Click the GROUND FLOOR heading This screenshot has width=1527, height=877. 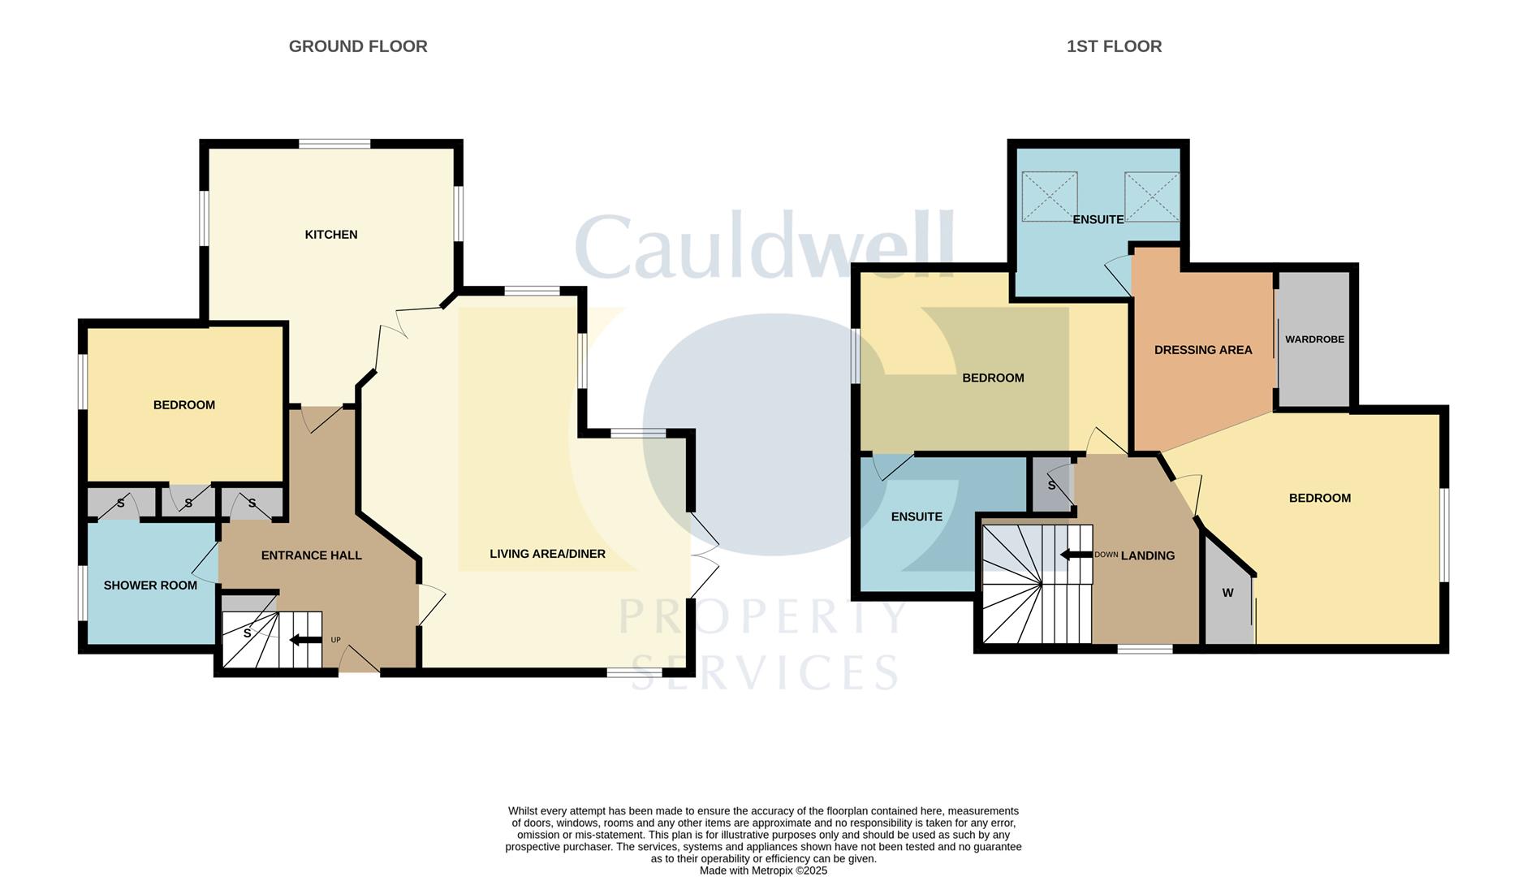click(x=358, y=46)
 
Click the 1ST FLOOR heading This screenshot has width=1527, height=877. click(x=1114, y=46)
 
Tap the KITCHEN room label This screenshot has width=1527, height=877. click(x=331, y=235)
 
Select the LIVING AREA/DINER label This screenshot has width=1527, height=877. click(x=547, y=554)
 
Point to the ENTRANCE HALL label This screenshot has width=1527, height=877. click(x=311, y=555)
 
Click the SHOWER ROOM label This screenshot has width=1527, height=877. click(x=150, y=585)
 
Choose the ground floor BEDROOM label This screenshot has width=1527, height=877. click(x=184, y=405)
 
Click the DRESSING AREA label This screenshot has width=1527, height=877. click(x=1203, y=350)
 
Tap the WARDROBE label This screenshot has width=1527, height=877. click(x=1314, y=339)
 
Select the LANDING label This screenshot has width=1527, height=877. click(x=1148, y=555)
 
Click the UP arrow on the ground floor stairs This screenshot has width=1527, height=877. click(x=305, y=640)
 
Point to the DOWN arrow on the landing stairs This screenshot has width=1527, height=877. click(x=1076, y=555)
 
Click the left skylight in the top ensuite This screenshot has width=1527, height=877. click(x=1049, y=196)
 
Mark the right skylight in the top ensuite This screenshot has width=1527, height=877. click(x=1151, y=196)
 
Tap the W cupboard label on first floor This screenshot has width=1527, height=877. click(x=1227, y=593)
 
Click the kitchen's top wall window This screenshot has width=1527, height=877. click(x=334, y=145)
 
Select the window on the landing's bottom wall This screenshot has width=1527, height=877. click(x=1145, y=649)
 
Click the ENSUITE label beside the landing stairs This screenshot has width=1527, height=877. click(x=917, y=516)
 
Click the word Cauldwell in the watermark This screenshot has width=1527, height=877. click(x=763, y=247)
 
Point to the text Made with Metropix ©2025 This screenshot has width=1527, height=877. click(x=763, y=871)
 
